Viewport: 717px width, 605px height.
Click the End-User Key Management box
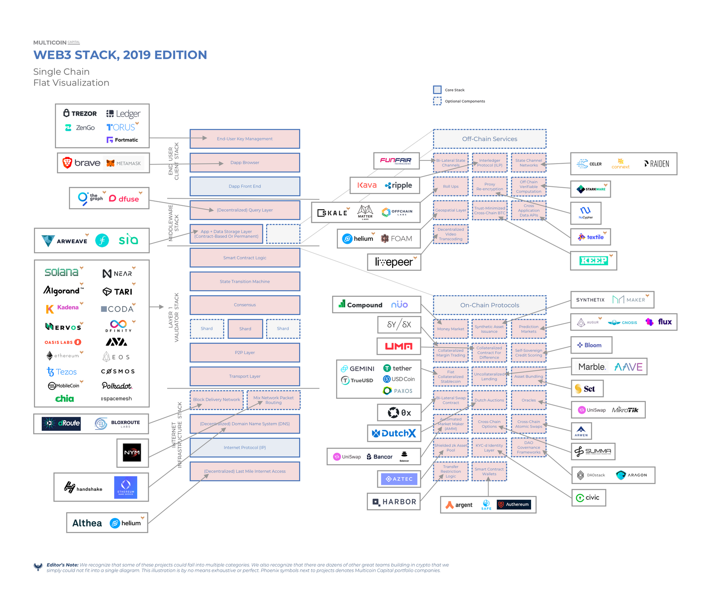[245, 139]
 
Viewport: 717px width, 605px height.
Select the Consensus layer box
[245, 305]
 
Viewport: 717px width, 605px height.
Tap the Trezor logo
[80, 113]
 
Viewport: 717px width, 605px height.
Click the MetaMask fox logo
[111, 163]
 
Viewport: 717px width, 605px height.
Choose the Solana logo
[62, 272]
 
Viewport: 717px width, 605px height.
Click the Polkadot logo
[117, 386]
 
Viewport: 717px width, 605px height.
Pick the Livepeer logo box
[394, 262]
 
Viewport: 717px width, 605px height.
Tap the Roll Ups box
[450, 186]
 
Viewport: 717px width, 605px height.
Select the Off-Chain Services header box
[489, 139]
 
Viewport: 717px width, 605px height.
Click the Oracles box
[528, 400]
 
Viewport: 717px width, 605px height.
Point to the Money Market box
[450, 329]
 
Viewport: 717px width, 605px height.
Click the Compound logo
[361, 305]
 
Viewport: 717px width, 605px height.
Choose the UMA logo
[398, 346]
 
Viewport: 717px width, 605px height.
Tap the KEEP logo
[593, 260]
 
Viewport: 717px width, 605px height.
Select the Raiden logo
[657, 164]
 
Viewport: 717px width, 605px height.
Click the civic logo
[588, 497]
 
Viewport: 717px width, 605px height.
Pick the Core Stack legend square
[437, 90]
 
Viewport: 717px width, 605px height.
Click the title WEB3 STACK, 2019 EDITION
[120, 55]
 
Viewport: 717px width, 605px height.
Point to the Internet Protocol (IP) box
[245, 448]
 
